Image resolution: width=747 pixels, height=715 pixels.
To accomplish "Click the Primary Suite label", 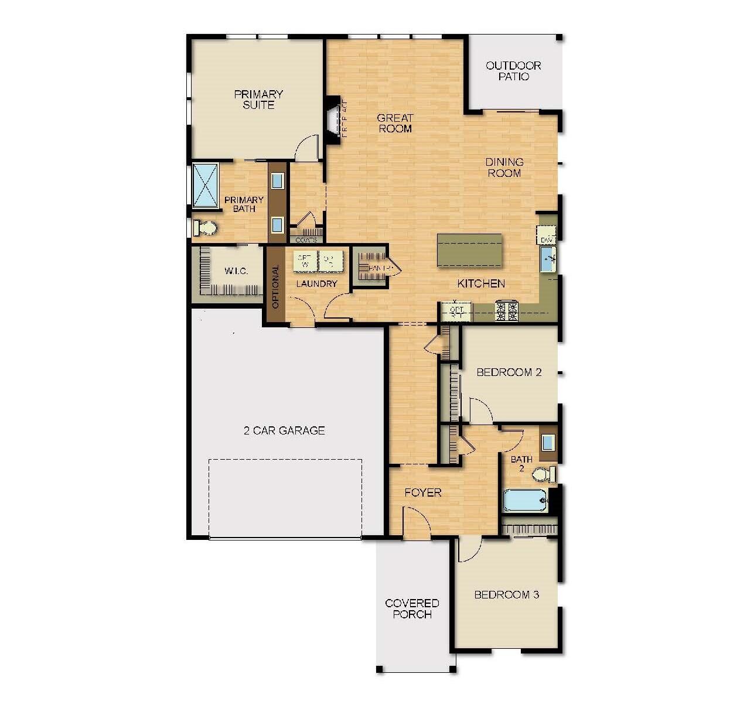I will [258, 100].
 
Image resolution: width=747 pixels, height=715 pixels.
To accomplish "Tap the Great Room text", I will [395, 123].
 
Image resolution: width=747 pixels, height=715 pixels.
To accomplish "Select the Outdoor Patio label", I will [513, 71].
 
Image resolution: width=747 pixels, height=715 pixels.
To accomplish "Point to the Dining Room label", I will [504, 167].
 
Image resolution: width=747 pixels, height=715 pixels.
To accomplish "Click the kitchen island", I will [469, 250].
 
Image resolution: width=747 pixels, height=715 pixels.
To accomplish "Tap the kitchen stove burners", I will [507, 311].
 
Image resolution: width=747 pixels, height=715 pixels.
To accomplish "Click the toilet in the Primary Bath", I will [204, 228].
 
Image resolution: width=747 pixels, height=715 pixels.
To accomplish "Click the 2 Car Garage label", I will [284, 430].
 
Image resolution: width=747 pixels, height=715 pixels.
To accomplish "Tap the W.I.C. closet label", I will [236, 271].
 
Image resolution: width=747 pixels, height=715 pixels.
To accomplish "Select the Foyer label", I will [423, 492].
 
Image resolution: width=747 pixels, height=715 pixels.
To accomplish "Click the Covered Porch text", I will [412, 608].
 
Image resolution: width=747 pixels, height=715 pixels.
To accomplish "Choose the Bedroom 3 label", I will [506, 595].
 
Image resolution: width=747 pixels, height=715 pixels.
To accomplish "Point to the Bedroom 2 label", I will [509, 372].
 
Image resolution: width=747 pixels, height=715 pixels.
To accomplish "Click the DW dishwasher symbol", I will [547, 240].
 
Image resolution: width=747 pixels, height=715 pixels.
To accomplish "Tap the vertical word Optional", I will [275, 288].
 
